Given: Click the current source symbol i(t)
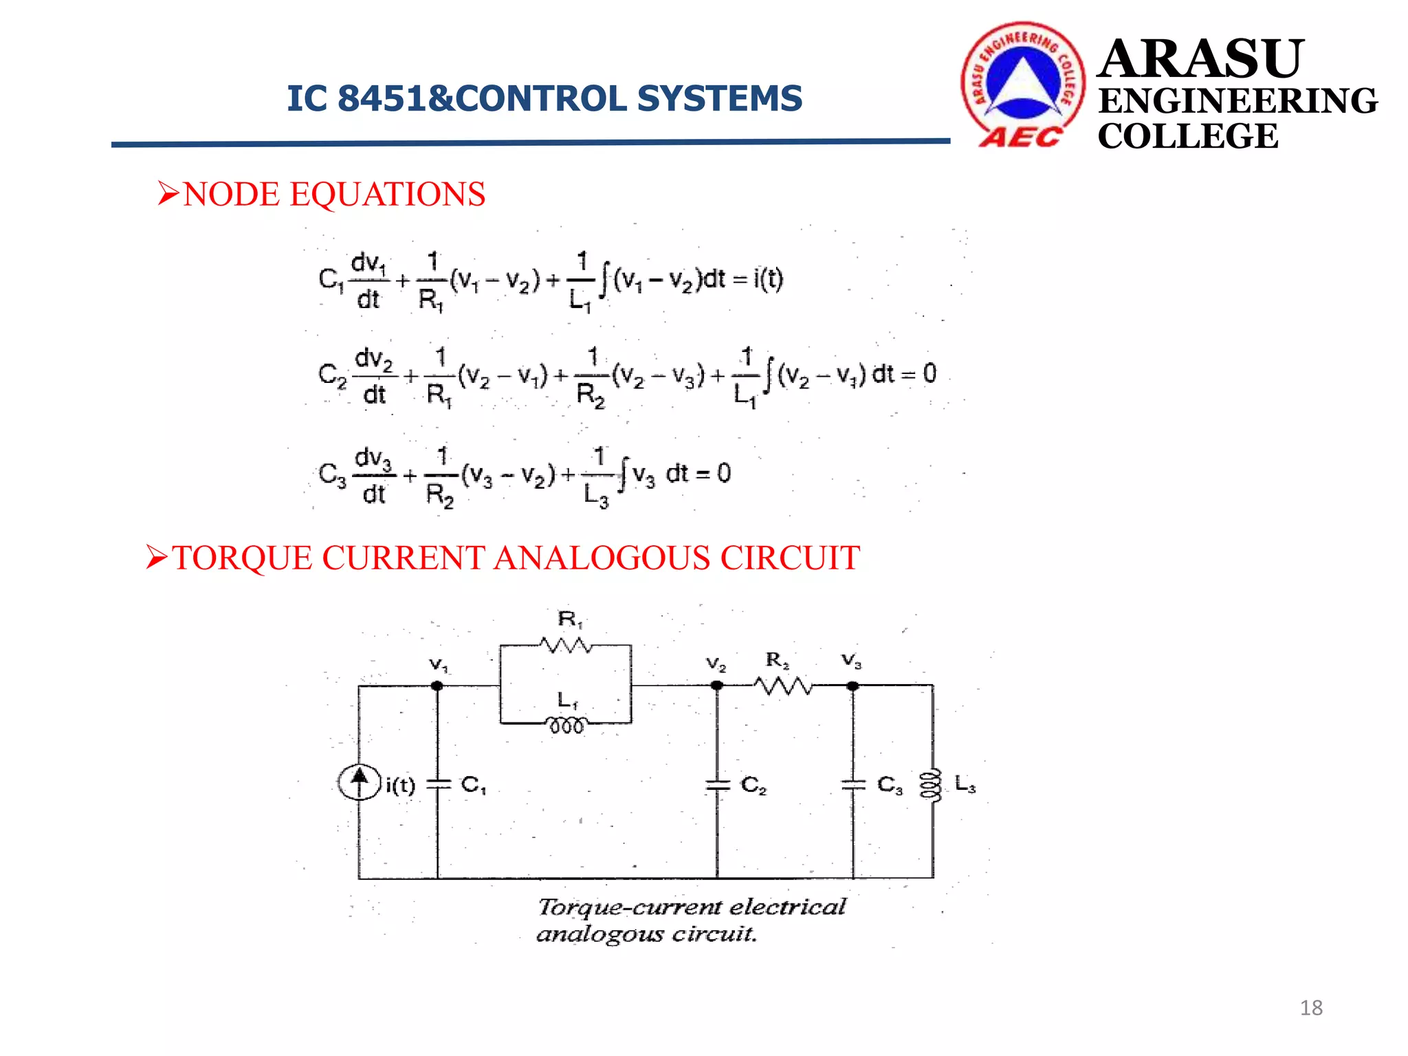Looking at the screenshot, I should click(359, 782).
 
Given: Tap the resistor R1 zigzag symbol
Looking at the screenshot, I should click(565, 646).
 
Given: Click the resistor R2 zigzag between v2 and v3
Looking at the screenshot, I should click(782, 685).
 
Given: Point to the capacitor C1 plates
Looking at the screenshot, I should click(437, 784).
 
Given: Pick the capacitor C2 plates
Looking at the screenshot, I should click(717, 785).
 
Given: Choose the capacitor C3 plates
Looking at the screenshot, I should click(853, 784).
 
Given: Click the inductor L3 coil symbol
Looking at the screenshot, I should click(932, 784).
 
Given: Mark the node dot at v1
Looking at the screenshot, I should click(437, 685).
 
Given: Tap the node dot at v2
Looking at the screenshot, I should click(717, 685).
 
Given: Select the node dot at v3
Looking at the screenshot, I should click(852, 685).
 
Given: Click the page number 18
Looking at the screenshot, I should click(1311, 1008).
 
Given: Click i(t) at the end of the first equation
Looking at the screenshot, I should click(768, 279).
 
